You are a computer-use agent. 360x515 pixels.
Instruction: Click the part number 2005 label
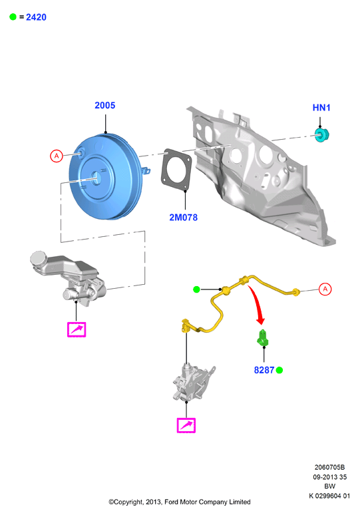[x=104, y=105]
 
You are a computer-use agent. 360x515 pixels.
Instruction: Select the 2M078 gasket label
[x=183, y=218]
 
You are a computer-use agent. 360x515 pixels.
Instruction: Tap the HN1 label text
[x=321, y=108]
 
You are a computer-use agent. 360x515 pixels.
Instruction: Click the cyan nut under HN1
[x=321, y=135]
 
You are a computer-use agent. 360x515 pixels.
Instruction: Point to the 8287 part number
[x=264, y=370]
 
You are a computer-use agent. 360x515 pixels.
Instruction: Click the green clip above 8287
[x=262, y=338]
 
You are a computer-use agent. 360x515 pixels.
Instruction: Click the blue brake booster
[x=106, y=177]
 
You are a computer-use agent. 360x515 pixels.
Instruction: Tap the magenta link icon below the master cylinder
[x=77, y=329]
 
